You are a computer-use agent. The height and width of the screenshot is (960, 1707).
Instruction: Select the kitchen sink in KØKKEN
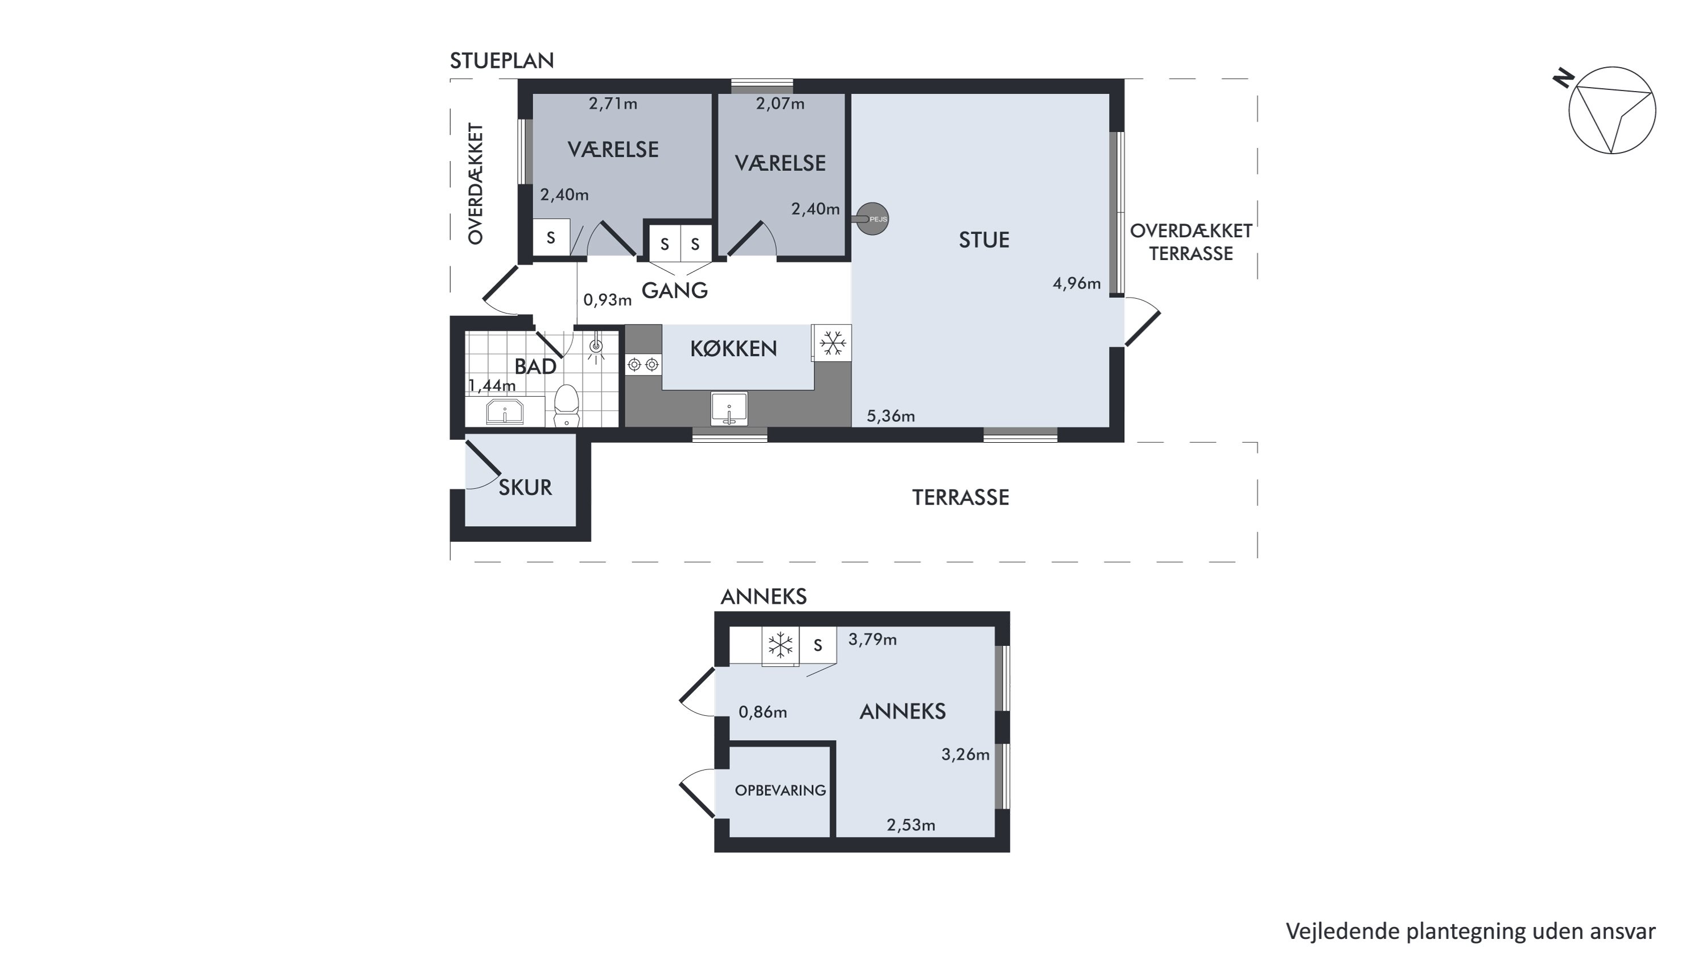(729, 409)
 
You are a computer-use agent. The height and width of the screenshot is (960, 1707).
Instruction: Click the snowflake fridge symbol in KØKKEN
(832, 343)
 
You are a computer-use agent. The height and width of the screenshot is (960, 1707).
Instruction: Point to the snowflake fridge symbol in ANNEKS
(780, 645)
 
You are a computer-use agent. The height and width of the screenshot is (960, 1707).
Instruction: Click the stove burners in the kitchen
(644, 364)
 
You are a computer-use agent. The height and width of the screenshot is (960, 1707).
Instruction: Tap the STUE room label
(984, 240)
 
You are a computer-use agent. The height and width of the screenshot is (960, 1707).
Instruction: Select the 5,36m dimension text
(890, 416)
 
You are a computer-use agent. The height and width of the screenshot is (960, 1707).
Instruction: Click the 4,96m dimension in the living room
(1077, 283)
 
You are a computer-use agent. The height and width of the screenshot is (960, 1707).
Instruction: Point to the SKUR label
(525, 488)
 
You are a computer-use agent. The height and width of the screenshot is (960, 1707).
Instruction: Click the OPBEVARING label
(780, 790)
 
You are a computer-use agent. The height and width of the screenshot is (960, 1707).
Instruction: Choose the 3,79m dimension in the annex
(873, 640)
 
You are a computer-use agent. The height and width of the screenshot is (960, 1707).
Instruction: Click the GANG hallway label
(675, 290)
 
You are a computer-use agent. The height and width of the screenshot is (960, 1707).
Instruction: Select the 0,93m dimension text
(608, 300)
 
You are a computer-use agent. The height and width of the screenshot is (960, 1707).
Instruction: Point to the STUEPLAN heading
(502, 61)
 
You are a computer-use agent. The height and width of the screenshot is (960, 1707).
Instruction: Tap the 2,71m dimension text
(613, 104)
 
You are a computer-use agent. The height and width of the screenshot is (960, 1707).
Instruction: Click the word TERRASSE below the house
(960, 497)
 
